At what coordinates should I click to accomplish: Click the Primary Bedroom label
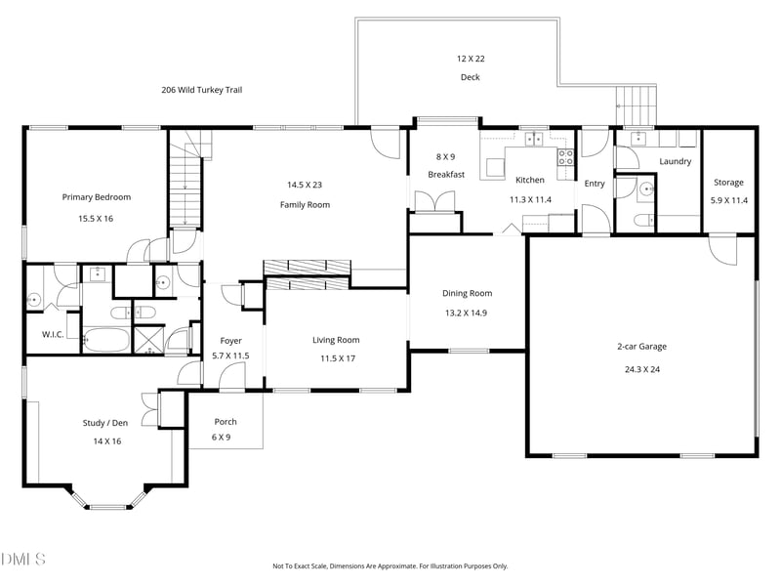96,197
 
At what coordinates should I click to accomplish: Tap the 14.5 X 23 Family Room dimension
305,185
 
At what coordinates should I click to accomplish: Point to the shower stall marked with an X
149,342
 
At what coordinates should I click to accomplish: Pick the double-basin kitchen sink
534,140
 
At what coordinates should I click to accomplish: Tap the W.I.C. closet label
52,335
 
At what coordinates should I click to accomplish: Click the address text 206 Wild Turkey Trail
201,90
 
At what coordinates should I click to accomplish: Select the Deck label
471,77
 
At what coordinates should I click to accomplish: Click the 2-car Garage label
641,346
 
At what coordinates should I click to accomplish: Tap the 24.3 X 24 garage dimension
641,369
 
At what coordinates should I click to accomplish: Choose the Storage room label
727,183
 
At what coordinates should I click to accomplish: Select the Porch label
225,422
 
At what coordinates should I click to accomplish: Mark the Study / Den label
103,424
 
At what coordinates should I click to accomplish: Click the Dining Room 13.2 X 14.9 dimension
467,314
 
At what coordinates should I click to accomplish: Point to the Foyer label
230,341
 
